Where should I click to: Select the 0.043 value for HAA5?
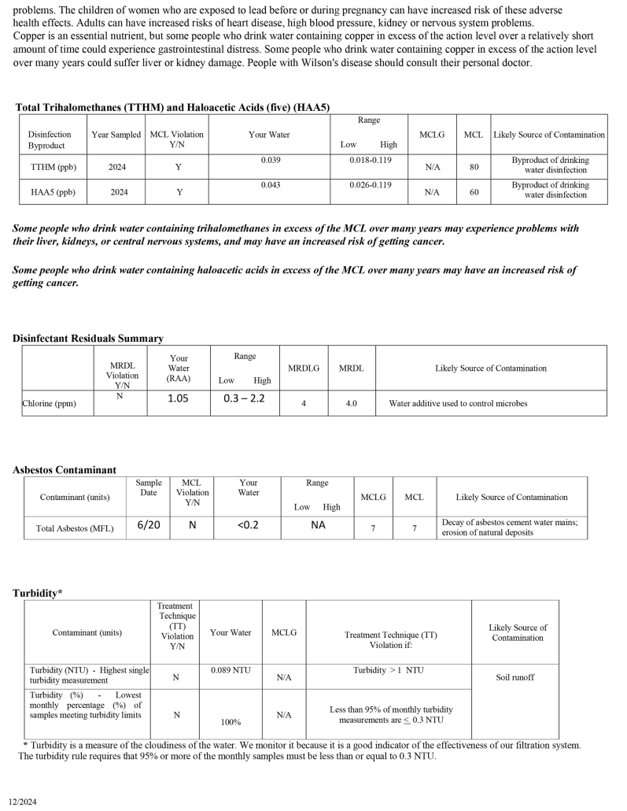[x=269, y=185]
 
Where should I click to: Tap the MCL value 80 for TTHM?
[x=473, y=167]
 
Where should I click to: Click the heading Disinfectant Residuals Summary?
[x=88, y=339]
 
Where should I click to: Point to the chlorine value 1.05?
[x=179, y=398]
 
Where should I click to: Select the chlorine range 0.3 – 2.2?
[x=244, y=398]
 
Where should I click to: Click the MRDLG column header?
[x=304, y=368]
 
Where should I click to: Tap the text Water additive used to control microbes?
[x=458, y=404]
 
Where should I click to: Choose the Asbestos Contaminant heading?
[x=65, y=470]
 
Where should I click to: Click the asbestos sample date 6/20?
[x=149, y=524]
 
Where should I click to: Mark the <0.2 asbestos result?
[x=248, y=524]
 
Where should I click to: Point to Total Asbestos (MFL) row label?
[x=75, y=528]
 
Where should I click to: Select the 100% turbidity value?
[x=231, y=721]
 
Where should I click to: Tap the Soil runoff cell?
[x=515, y=677]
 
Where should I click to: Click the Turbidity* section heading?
[x=38, y=593]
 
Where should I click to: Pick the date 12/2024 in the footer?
[x=23, y=802]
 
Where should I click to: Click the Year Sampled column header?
[x=116, y=135]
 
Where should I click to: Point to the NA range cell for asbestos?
[x=318, y=524]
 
